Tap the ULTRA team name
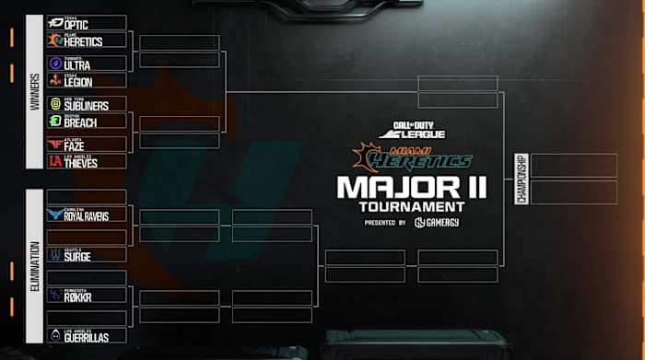78,65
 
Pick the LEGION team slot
78,82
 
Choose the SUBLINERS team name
86,106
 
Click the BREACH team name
80,122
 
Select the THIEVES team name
82,162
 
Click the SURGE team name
77,257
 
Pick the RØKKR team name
78,297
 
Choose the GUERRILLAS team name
86,338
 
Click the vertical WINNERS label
35,92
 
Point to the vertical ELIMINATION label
35,267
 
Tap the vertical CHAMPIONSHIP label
521,179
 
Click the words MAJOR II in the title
411,188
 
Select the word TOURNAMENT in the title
411,206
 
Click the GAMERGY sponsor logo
437,222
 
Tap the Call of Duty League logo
412,131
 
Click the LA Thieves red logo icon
54,161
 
